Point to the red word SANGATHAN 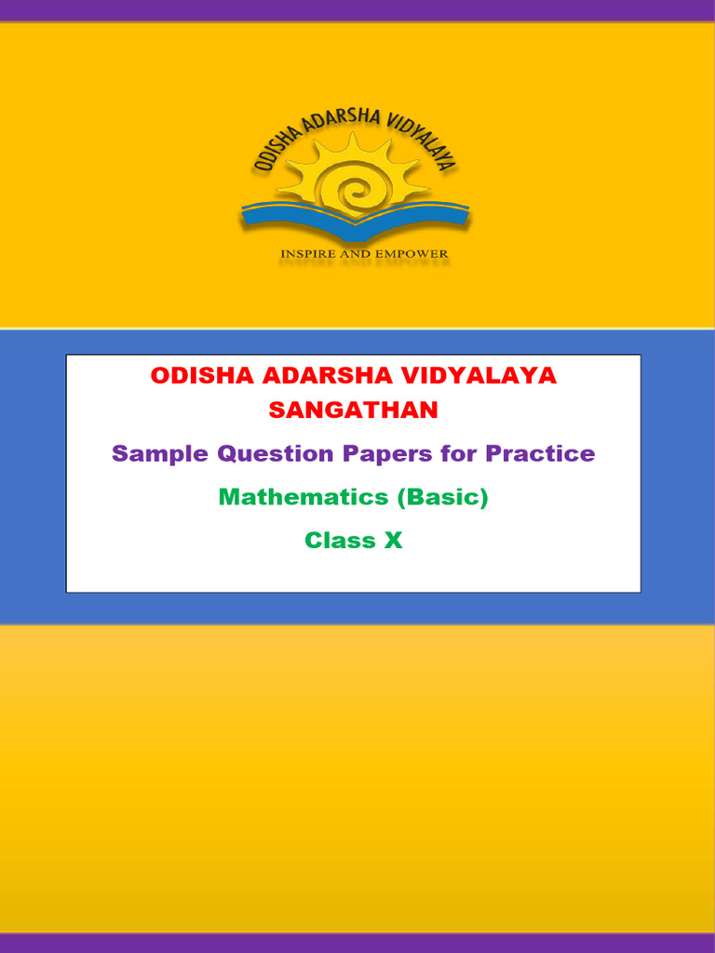pyautogui.click(x=353, y=409)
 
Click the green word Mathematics pyautogui.click(x=304, y=498)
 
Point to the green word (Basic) pyautogui.click(x=443, y=498)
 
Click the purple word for pyautogui.click(x=463, y=454)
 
